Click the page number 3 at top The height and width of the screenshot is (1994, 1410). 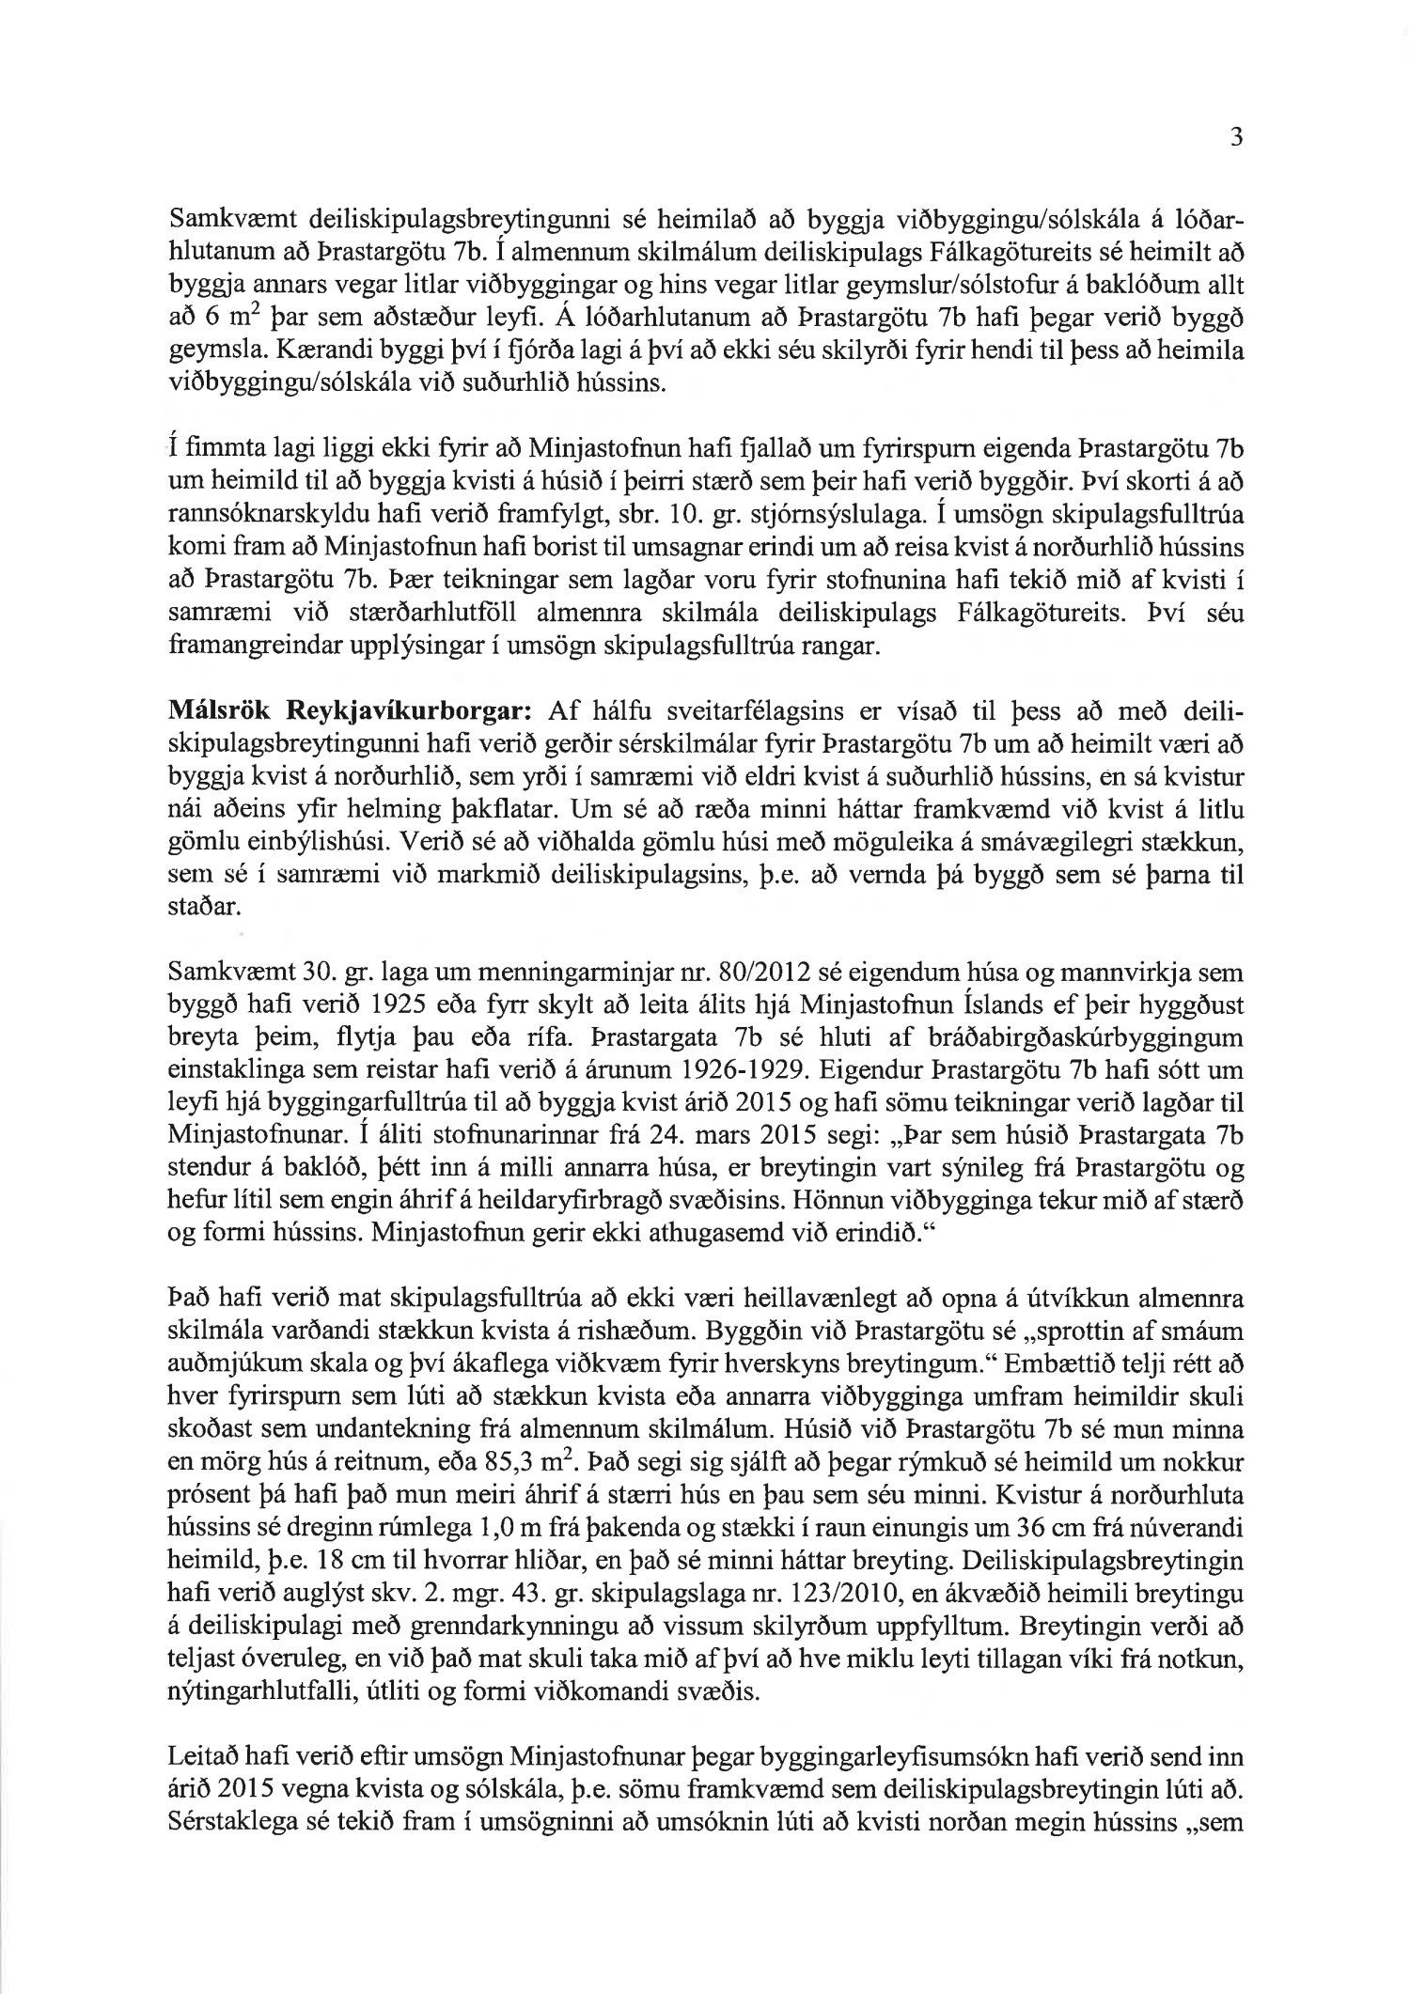pyautogui.click(x=1236, y=137)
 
